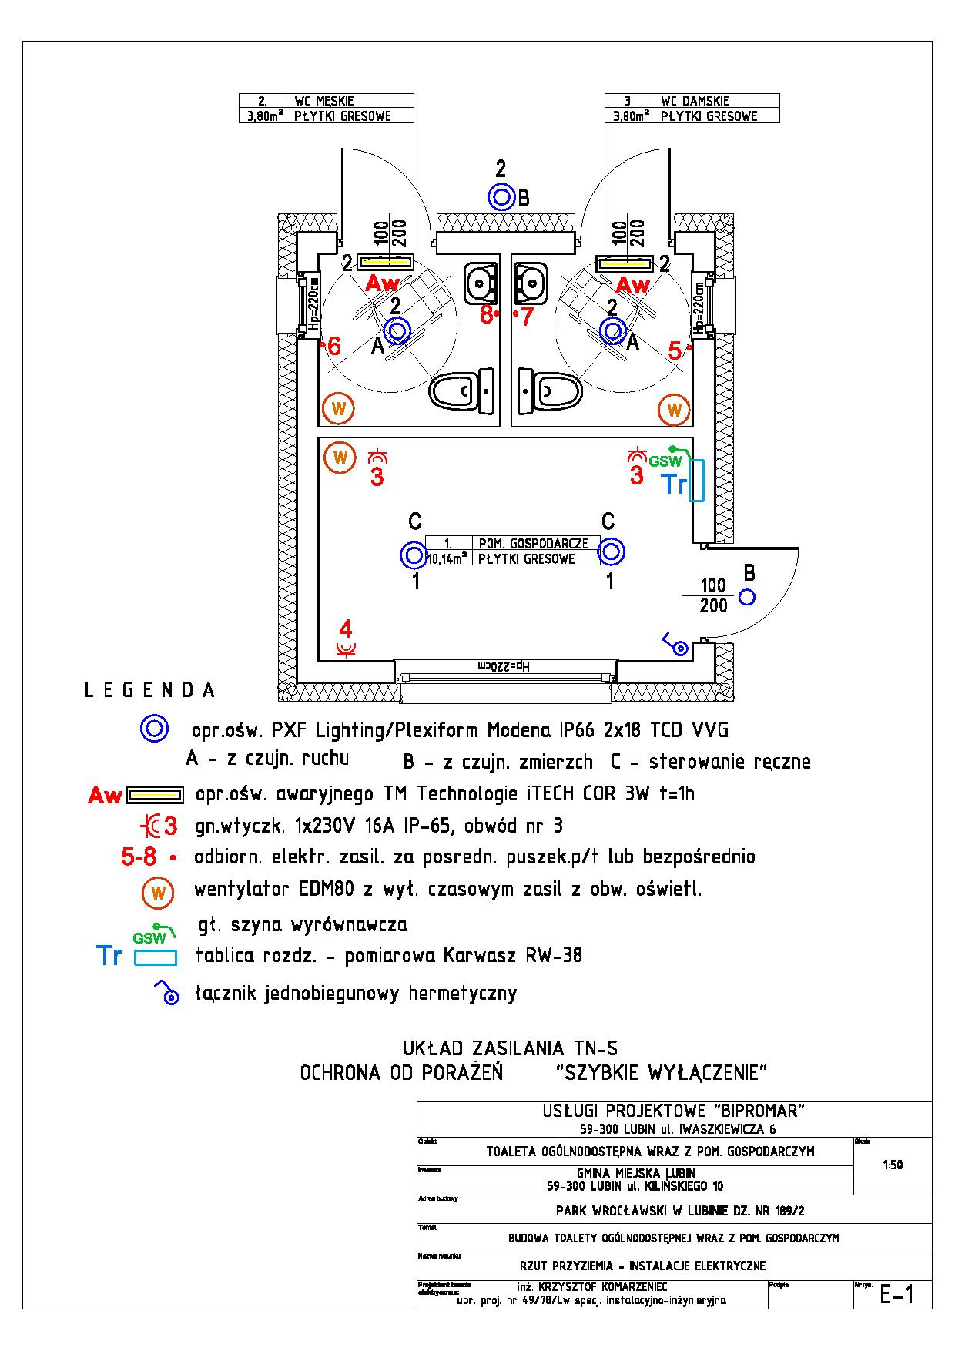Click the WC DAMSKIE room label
tap(694, 101)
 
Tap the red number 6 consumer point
tap(333, 347)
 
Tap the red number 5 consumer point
tap(675, 351)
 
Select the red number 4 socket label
tap(346, 628)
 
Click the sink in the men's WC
tap(482, 283)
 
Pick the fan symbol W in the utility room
tap(340, 458)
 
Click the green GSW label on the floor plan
tap(665, 461)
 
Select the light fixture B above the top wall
tap(501, 197)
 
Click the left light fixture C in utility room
tap(414, 554)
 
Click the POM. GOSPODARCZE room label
tap(533, 544)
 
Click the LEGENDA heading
tap(149, 690)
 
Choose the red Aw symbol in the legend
tap(105, 795)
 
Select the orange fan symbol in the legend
tap(158, 893)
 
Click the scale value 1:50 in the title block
tap(892, 1165)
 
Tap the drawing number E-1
tap(896, 1295)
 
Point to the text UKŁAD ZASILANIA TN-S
tap(510, 1048)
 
